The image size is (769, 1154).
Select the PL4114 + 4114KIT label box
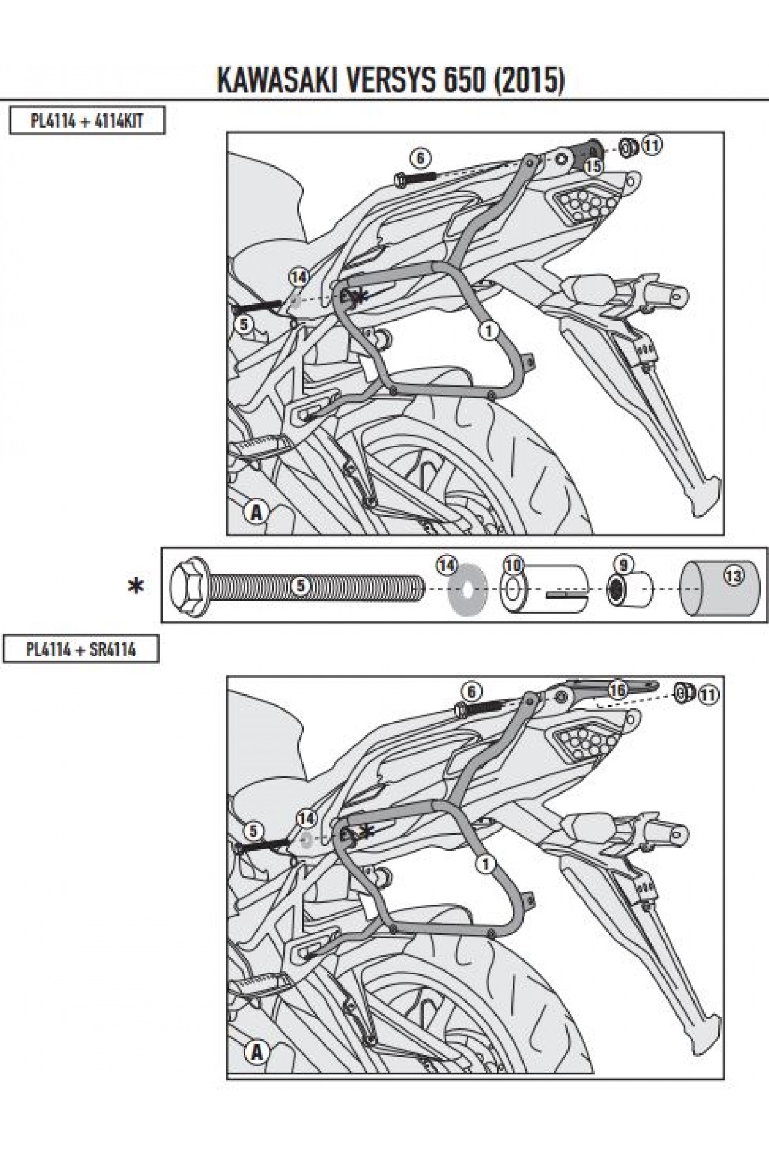click(86, 121)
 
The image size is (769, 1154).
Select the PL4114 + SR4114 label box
click(81, 649)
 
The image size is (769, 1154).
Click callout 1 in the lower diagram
click(487, 864)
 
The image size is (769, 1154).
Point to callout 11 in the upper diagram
click(652, 146)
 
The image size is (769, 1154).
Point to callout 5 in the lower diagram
click(253, 832)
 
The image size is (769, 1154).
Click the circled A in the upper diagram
click(256, 513)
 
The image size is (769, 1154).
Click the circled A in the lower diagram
click(256, 1052)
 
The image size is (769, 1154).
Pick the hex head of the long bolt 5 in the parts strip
click(186, 585)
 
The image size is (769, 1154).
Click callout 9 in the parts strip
click(622, 565)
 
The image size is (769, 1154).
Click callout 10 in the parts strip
click(513, 565)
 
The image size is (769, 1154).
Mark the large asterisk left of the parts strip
click(136, 586)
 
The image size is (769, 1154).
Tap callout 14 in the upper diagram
click(299, 277)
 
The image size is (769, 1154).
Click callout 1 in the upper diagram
click(488, 331)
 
